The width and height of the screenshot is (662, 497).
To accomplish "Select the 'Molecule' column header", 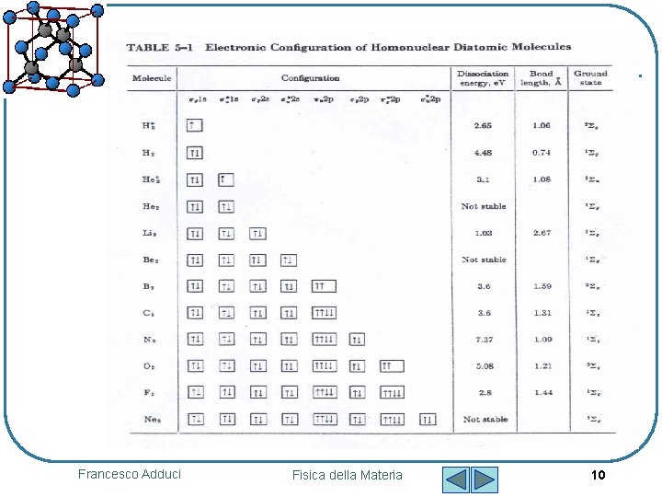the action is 152,78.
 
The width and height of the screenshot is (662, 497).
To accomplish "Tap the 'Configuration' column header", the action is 310,78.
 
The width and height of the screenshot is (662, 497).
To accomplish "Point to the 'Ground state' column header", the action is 590,77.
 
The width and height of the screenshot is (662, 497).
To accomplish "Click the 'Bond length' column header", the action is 541,77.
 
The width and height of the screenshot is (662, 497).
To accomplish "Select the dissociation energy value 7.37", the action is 484,340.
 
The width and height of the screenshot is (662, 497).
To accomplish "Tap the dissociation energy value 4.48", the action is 484,153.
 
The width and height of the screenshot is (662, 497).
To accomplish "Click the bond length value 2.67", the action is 541,233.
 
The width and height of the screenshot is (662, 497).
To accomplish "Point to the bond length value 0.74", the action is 541,153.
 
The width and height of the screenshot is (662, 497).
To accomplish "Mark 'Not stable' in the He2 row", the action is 484,206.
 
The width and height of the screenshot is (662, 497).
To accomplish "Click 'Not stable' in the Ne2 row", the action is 484,420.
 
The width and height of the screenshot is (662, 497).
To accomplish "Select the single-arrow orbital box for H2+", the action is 194,125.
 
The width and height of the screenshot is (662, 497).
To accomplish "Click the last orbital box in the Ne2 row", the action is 428,420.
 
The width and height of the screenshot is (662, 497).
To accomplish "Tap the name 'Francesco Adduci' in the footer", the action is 130,474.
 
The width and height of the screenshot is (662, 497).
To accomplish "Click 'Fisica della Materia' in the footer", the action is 347,475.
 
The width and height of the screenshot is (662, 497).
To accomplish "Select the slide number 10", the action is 598,475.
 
